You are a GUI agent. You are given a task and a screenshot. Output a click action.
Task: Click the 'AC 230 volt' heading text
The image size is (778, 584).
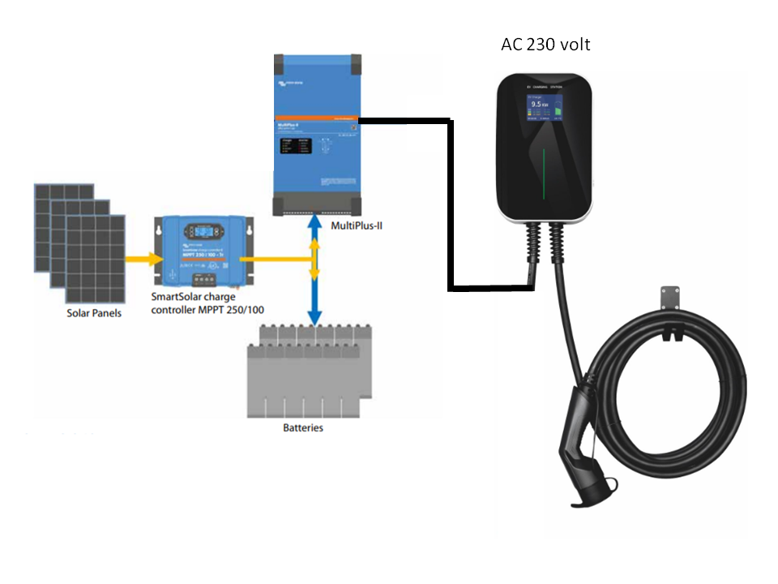click(545, 44)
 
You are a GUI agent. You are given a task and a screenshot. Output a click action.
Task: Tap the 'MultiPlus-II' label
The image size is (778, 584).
click(357, 224)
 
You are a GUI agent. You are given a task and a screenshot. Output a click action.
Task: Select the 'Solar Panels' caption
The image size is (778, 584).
click(94, 311)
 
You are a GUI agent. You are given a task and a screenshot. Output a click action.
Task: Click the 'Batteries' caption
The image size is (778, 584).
click(302, 427)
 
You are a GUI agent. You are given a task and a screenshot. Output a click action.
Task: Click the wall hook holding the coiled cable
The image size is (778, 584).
click(669, 298)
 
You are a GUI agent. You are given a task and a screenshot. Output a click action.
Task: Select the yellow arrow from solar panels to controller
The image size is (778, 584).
click(141, 260)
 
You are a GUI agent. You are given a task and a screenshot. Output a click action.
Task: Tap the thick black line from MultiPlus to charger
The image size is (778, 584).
click(449, 203)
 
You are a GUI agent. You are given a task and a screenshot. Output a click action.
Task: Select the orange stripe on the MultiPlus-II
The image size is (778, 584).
click(316, 119)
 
